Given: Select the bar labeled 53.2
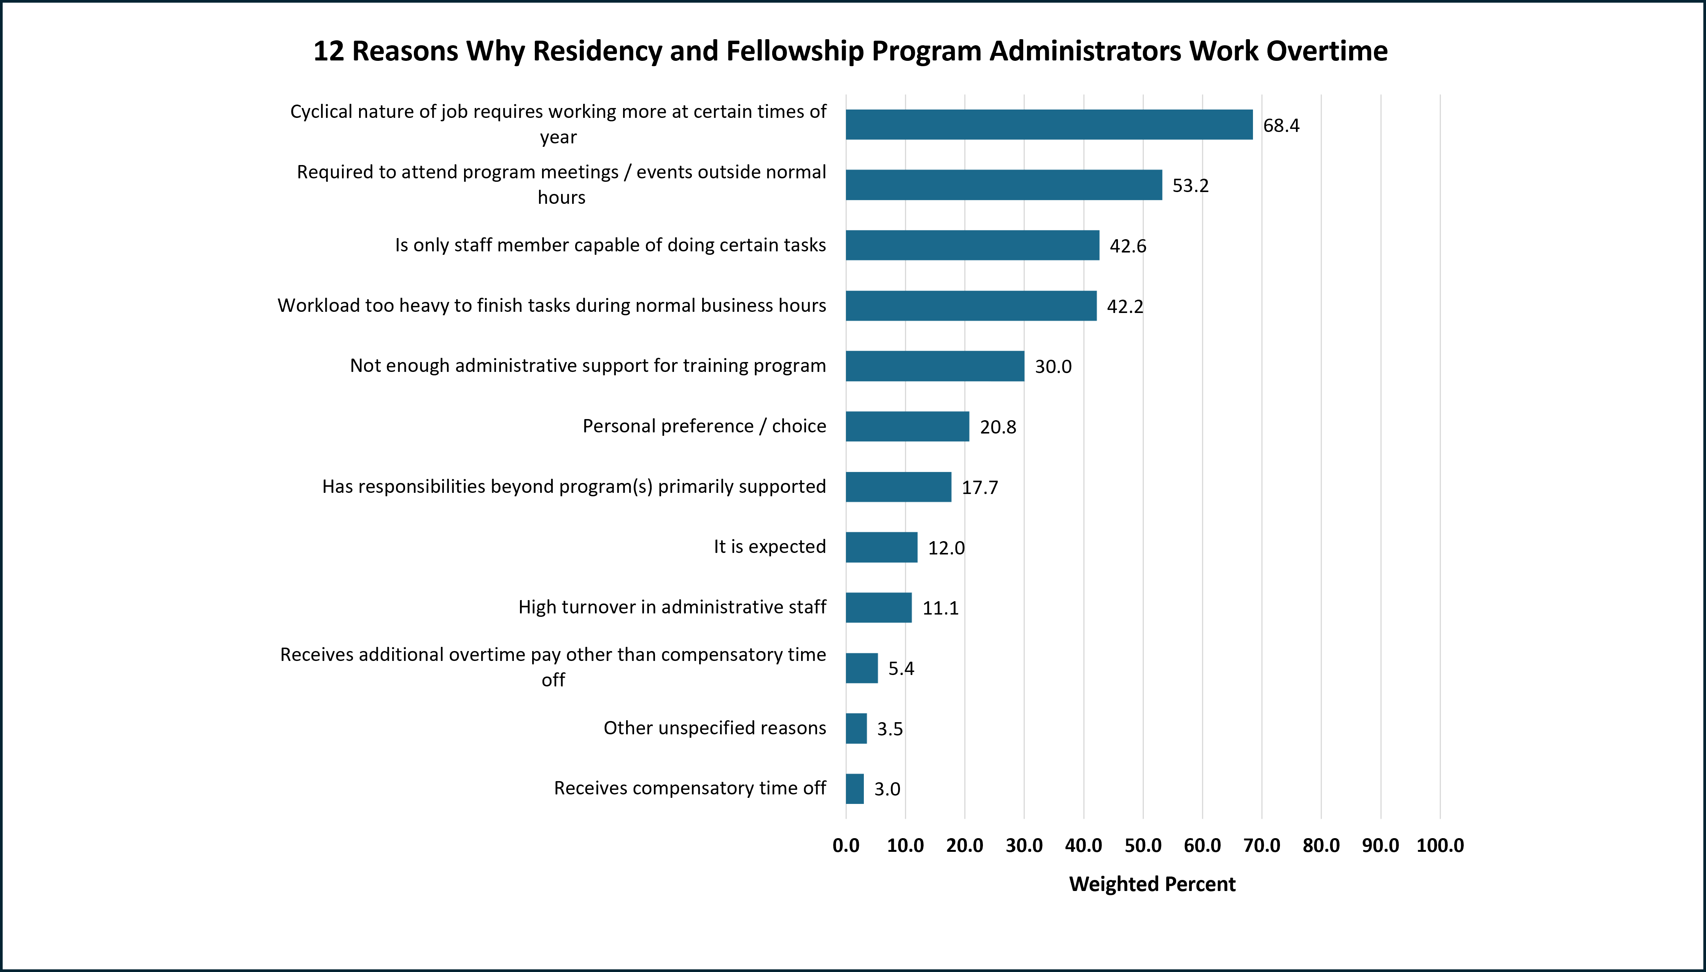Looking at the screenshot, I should click(1003, 185).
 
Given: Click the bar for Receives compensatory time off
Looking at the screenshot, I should click(855, 789).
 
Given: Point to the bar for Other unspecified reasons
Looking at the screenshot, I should click(856, 728).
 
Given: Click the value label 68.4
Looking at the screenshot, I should click(1281, 125).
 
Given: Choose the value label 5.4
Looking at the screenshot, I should click(901, 668).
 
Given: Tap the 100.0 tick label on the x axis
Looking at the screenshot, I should click(1440, 846).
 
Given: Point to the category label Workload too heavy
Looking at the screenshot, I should click(552, 306).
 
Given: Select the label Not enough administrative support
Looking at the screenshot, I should click(588, 366).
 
